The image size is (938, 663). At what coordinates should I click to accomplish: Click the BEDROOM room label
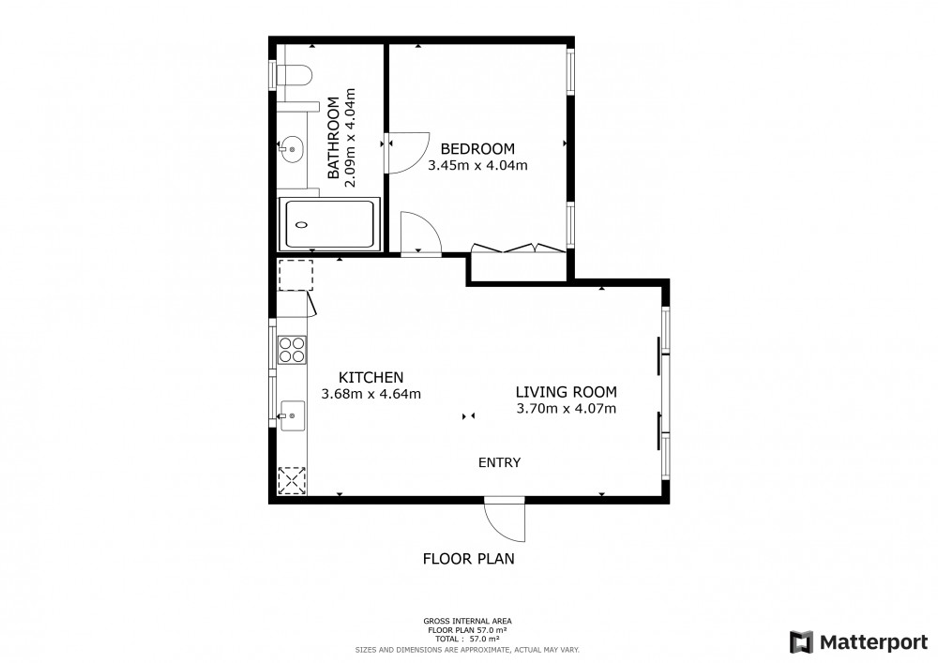pyautogui.click(x=477, y=149)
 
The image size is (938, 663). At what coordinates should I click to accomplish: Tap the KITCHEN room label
pyautogui.click(x=371, y=378)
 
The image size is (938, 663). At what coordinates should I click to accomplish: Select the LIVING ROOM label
pyautogui.click(x=566, y=392)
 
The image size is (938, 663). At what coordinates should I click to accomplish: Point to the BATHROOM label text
pyautogui.click(x=333, y=138)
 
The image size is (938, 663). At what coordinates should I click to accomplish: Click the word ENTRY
pyautogui.click(x=500, y=462)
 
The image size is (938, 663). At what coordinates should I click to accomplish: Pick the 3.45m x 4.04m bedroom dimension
pyautogui.click(x=477, y=166)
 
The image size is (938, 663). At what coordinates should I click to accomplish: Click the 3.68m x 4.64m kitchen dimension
pyautogui.click(x=371, y=395)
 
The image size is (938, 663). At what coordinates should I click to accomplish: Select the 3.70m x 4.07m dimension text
pyautogui.click(x=566, y=409)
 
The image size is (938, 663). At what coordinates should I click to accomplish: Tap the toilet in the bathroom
pyautogui.click(x=295, y=77)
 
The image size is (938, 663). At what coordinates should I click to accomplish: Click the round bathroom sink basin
pyautogui.click(x=292, y=147)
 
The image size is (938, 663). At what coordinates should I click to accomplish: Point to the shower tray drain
pyautogui.click(x=301, y=225)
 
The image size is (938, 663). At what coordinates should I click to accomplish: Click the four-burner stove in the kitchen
pyautogui.click(x=292, y=351)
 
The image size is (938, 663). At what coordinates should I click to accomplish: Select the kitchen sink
pyautogui.click(x=292, y=415)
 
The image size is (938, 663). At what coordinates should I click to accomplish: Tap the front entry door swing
pyautogui.click(x=505, y=520)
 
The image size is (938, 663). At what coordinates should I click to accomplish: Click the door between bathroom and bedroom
pyautogui.click(x=409, y=153)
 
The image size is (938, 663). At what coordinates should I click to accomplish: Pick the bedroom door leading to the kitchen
pyautogui.click(x=421, y=234)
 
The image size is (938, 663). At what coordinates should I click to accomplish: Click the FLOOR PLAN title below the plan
pyautogui.click(x=468, y=559)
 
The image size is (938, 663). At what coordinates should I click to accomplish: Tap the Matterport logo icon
pyautogui.click(x=801, y=642)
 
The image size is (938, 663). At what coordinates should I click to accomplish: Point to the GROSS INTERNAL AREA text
pyautogui.click(x=467, y=621)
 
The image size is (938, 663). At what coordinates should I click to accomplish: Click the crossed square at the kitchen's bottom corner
pyautogui.click(x=292, y=481)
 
